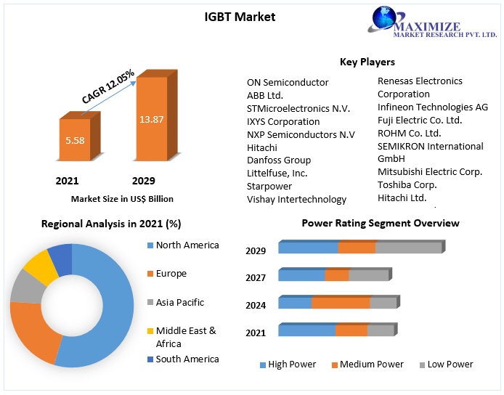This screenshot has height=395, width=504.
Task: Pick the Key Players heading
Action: (367, 62)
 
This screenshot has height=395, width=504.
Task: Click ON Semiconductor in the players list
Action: (288, 82)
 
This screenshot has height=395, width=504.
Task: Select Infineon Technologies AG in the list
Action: (432, 107)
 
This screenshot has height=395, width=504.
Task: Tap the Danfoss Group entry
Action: (279, 160)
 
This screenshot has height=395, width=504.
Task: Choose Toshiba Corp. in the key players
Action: (407, 184)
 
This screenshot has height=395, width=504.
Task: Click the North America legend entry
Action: (187, 245)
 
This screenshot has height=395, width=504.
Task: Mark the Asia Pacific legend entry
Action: (179, 302)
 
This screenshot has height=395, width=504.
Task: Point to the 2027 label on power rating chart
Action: (256, 277)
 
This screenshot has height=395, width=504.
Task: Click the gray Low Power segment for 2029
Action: (408, 248)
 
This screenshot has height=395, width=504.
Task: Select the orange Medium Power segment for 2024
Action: (341, 303)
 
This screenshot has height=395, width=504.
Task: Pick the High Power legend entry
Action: (292, 365)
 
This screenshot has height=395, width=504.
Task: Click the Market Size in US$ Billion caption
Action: (122, 198)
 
